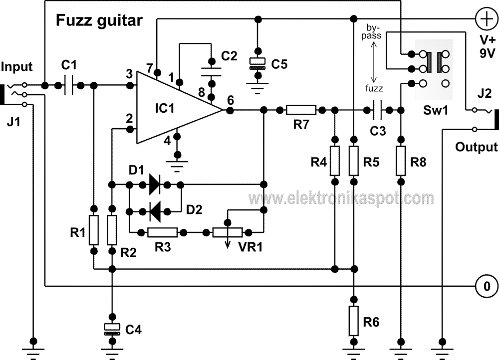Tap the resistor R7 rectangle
point(301,110)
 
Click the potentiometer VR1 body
point(228,232)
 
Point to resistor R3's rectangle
point(163,232)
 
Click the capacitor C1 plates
point(68,85)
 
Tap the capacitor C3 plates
point(377,110)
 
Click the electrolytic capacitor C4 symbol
point(112,329)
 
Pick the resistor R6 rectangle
point(353,321)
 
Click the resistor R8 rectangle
point(401,161)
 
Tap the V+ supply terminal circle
point(487,19)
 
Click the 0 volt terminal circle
point(487,286)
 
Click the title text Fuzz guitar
point(99,20)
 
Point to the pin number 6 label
point(231,101)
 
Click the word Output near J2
point(476,147)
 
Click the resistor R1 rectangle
point(94,230)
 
